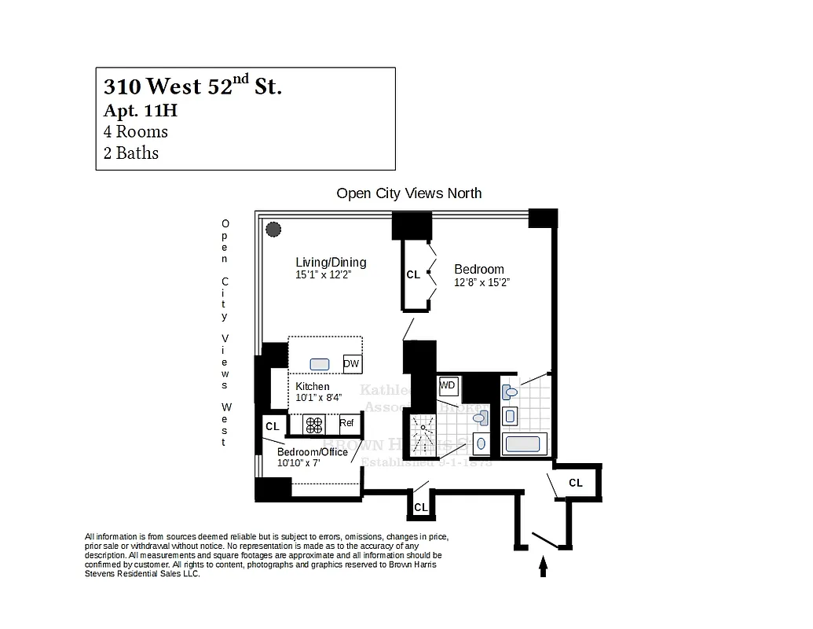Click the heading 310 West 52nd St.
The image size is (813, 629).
click(x=192, y=86)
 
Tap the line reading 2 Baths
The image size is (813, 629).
click(x=131, y=153)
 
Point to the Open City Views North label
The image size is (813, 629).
click(x=408, y=193)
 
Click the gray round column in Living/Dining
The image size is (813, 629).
click(x=273, y=230)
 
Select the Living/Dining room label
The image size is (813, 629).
click(x=331, y=263)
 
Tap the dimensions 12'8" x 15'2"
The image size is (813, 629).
click(x=482, y=283)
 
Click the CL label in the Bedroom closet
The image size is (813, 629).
click(x=413, y=275)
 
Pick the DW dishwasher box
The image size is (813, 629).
click(x=352, y=364)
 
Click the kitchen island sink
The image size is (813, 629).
click(x=319, y=364)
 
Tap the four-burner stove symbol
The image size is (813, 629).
click(x=314, y=425)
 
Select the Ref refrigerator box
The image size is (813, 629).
click(x=346, y=423)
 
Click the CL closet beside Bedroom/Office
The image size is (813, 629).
click(x=273, y=426)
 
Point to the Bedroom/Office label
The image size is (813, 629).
click(x=312, y=452)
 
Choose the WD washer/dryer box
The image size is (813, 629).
click(x=448, y=385)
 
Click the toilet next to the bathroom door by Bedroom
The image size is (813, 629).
click(x=511, y=391)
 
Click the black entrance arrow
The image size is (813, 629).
click(x=543, y=567)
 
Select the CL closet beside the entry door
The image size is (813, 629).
click(x=576, y=483)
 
